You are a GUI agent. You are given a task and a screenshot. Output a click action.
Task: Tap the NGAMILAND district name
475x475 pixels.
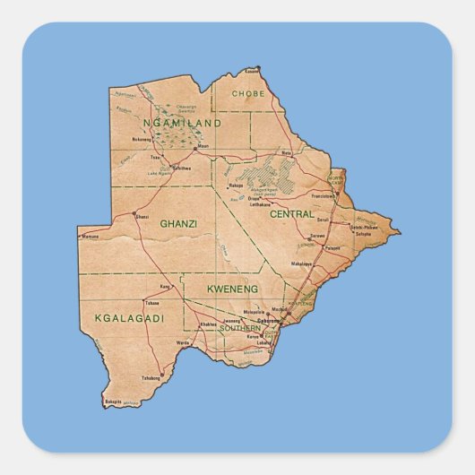point(182,122)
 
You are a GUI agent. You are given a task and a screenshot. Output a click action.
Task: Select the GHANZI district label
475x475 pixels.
point(178,223)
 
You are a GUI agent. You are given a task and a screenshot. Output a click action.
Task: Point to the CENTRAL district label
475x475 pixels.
point(292,214)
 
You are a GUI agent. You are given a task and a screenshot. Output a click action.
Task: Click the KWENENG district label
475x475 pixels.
point(232,289)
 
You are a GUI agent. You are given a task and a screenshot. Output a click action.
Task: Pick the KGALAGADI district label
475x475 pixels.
point(129,318)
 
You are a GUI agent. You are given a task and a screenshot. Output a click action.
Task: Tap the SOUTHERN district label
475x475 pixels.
point(239,328)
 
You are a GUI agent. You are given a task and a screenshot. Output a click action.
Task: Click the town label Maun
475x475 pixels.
point(203,146)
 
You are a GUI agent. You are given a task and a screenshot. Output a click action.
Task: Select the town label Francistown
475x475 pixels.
point(323,194)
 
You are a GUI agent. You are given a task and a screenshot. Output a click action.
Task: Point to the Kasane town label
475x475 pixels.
point(254,70)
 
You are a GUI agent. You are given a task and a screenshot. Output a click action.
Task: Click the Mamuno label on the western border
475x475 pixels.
point(91,237)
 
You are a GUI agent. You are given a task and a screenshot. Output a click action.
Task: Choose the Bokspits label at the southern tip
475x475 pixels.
point(112,402)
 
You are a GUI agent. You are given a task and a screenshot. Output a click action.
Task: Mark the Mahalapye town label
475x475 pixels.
point(301,264)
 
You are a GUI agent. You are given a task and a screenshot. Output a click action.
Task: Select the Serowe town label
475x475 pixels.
point(317,237)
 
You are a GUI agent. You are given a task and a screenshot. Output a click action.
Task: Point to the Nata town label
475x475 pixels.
point(287,153)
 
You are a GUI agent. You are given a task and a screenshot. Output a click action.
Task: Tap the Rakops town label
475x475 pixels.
point(237,186)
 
